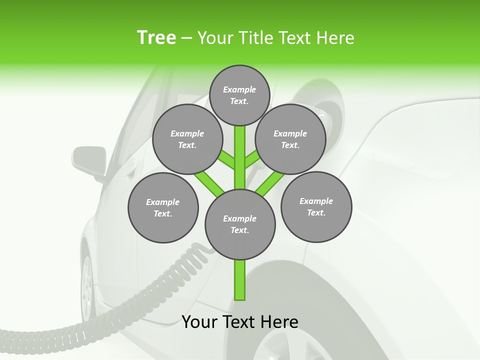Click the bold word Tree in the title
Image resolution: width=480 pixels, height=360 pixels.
[x=156, y=38]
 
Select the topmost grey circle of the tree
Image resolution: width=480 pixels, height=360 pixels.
[x=239, y=95]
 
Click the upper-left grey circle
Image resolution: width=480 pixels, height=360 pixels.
[x=187, y=139]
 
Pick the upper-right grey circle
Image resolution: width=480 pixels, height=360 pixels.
[x=290, y=139]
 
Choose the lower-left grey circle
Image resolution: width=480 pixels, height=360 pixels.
[x=163, y=207]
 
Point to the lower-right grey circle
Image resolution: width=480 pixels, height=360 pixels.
[x=316, y=206]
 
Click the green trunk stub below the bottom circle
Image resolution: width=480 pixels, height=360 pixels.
[x=240, y=280]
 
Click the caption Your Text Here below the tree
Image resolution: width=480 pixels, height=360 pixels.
[x=240, y=322]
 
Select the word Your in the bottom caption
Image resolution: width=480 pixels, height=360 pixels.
[x=199, y=322]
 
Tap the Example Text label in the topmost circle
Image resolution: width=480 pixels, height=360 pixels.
[x=239, y=95]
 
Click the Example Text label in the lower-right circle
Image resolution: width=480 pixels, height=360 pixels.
[x=316, y=206]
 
